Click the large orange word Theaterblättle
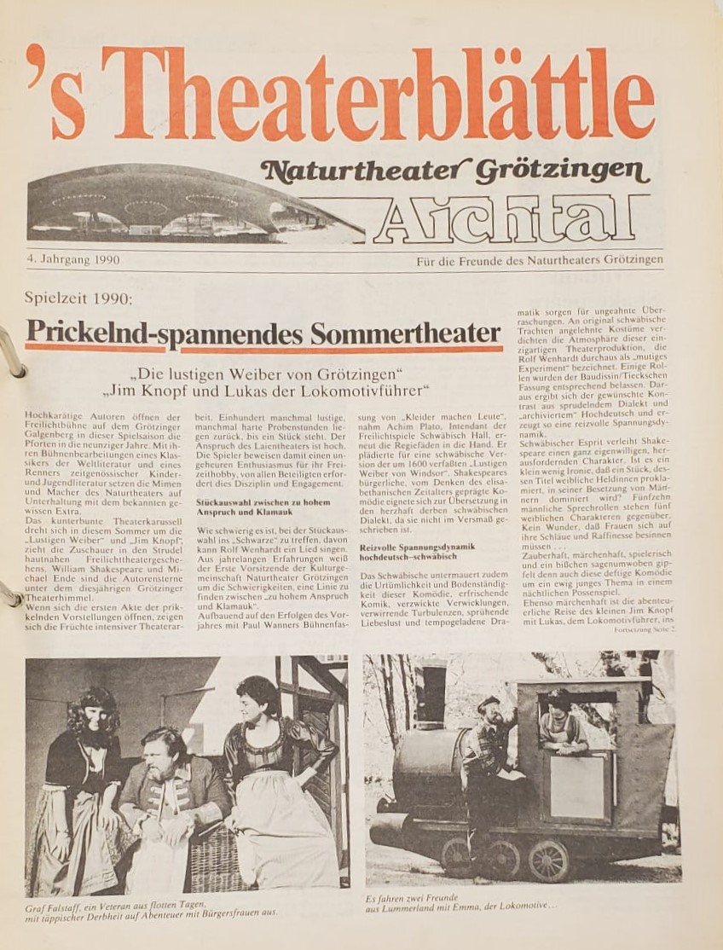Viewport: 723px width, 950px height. (x=375, y=96)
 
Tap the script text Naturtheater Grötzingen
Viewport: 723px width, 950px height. (x=455, y=172)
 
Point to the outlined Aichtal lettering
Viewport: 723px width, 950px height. (x=510, y=217)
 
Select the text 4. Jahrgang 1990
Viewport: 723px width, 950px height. (x=73, y=259)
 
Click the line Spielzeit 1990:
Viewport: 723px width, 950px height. (x=79, y=299)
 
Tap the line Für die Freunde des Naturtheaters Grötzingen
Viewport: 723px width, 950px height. (x=539, y=259)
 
